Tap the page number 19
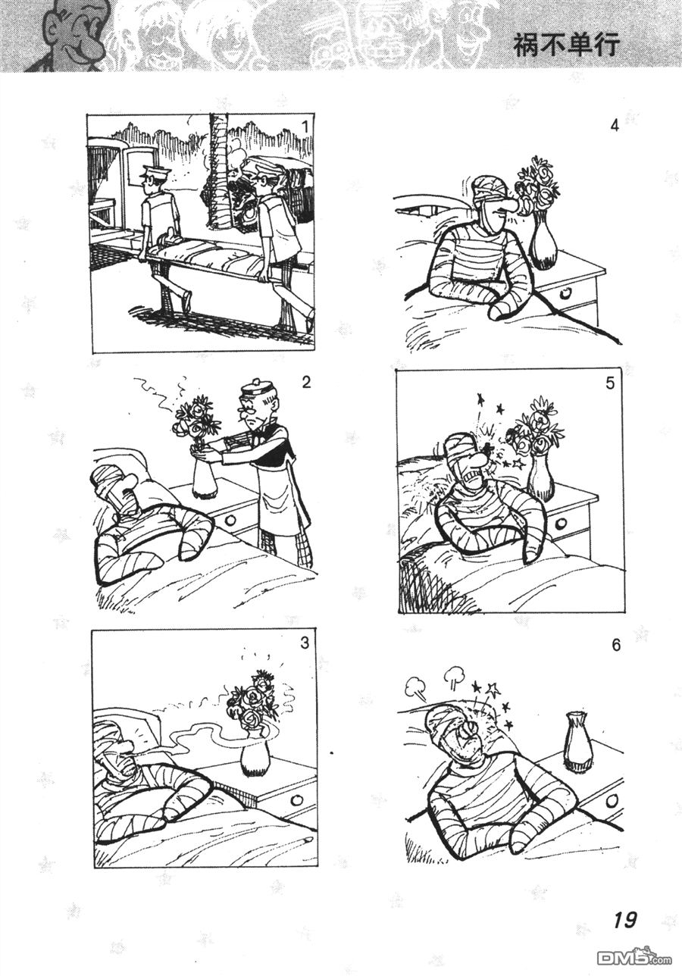(625, 920)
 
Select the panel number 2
(305, 381)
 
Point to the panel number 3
(305, 643)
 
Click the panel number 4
(615, 126)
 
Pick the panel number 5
(610, 383)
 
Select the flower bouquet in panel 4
(537, 184)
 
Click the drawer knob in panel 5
(561, 524)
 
